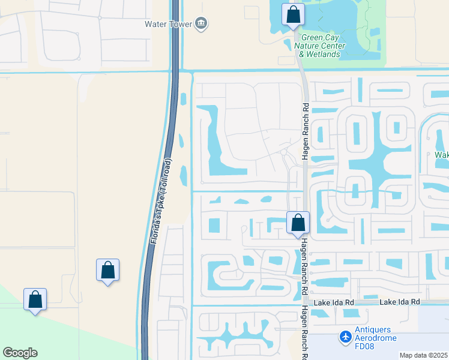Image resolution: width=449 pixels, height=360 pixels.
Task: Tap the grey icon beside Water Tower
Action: coord(201,24)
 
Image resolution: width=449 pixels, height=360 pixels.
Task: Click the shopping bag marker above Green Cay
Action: coord(293,16)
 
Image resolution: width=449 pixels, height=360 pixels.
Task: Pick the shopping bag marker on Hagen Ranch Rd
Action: coord(298,223)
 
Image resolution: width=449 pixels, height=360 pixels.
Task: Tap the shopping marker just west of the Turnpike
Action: coord(107,271)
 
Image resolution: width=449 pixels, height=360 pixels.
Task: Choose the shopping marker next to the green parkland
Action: coord(35,300)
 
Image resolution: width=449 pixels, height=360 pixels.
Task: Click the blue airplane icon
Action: coord(346,337)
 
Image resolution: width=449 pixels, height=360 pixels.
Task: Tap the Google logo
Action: coord(20,353)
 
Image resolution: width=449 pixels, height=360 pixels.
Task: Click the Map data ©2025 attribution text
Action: coord(423,355)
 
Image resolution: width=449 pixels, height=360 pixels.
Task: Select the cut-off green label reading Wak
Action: coord(442,155)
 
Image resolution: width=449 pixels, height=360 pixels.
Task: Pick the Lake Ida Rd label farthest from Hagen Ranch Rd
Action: coord(399,302)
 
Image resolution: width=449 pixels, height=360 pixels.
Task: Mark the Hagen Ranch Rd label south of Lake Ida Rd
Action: coord(304,333)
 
